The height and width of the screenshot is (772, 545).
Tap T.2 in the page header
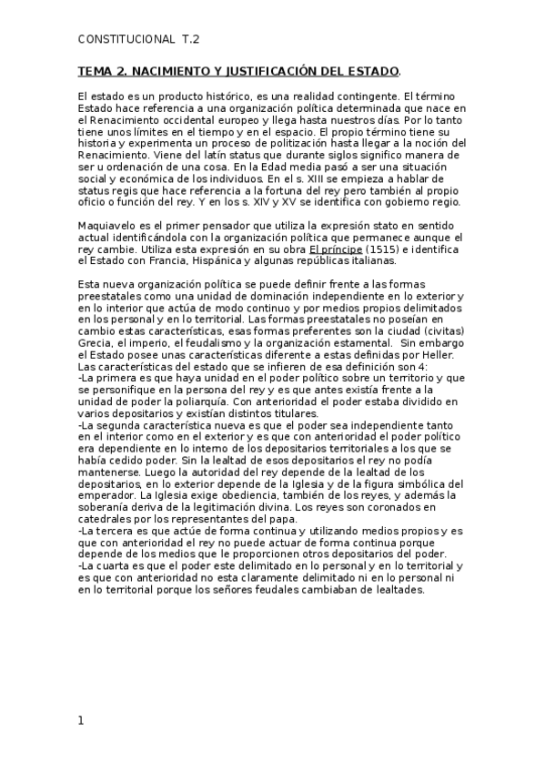190,40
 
